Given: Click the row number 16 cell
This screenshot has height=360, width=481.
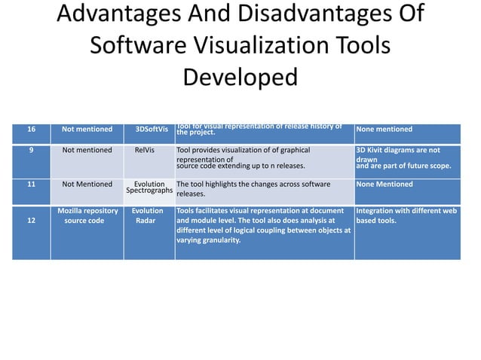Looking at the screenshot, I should [x=31, y=130].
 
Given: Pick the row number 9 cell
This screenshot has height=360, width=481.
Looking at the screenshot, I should [x=31, y=150].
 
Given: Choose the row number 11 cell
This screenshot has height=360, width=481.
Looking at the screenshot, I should [x=31, y=184].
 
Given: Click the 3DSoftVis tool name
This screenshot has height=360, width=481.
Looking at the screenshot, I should [x=151, y=130].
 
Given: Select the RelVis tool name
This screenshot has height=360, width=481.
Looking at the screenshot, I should [x=149, y=150].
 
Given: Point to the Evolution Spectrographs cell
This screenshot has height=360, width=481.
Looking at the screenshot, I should [x=149, y=188].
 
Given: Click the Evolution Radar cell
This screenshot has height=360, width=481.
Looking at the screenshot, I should [x=147, y=216].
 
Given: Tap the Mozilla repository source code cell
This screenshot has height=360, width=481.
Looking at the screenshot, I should [x=87, y=216].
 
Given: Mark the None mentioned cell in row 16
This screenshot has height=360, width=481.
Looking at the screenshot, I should [x=384, y=130].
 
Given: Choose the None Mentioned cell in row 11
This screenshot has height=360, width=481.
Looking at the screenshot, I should [x=384, y=184].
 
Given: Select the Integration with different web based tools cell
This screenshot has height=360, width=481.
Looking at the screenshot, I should [x=406, y=216].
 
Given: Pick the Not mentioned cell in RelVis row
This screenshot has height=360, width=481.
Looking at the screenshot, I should [x=87, y=150].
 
